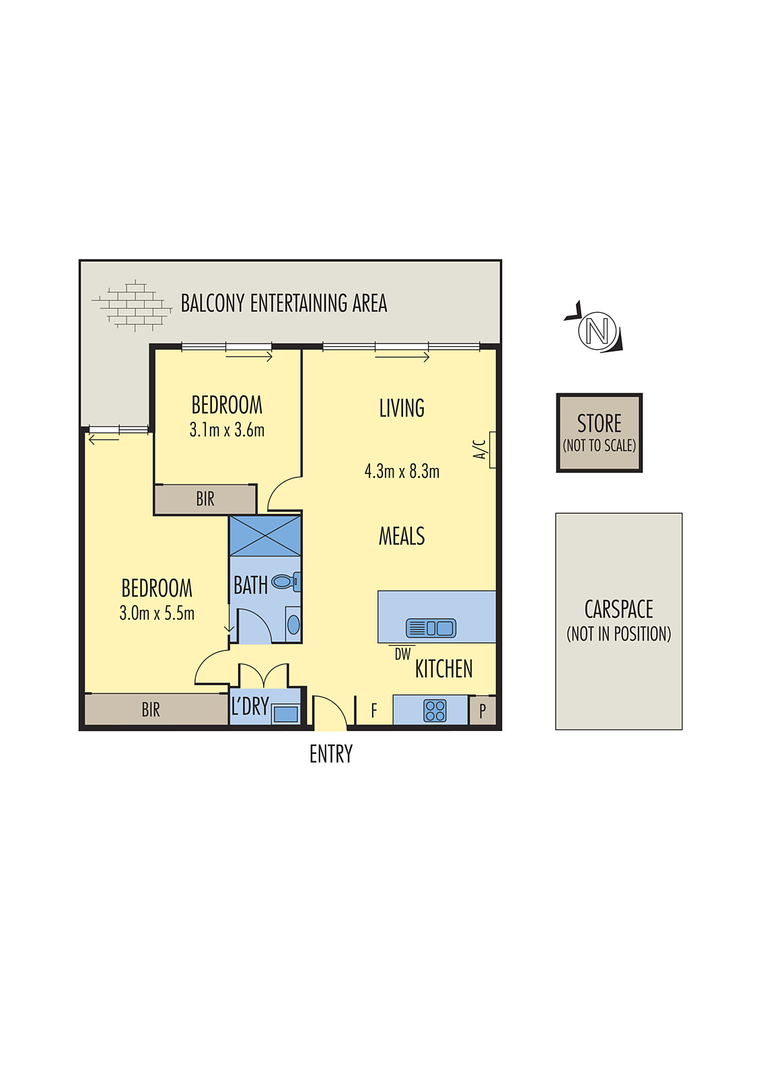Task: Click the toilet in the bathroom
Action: coord(283,581)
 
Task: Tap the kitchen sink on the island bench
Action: coord(431,628)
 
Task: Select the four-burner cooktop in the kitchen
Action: coord(435,711)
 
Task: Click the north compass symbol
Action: coord(597,330)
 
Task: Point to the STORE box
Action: coord(599,432)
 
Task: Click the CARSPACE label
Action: coord(618,609)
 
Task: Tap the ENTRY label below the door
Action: coord(330,755)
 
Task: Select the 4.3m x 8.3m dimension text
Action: coord(402,471)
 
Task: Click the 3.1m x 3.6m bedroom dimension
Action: coord(227,430)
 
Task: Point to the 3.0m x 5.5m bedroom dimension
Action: coord(157,613)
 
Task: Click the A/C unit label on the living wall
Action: coord(479,449)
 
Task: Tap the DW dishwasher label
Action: coord(402,654)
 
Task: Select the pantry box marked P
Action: coord(482,711)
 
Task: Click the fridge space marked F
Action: coord(373,710)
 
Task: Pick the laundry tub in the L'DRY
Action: coord(285,714)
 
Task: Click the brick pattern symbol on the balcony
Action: coord(133,306)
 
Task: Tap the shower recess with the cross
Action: coord(265,535)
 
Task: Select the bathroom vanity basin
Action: coord(293,625)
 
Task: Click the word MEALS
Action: coord(402,537)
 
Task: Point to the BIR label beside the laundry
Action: coord(151,710)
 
